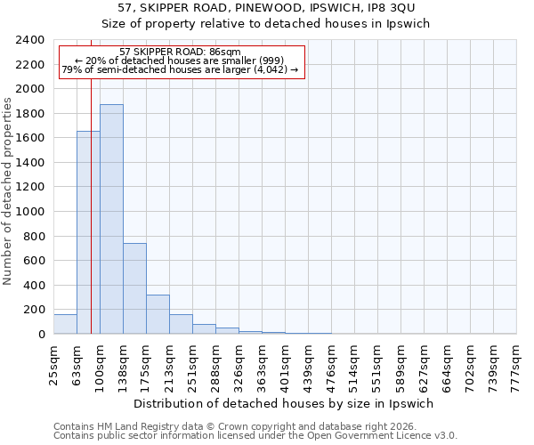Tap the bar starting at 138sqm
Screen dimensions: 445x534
click(134, 288)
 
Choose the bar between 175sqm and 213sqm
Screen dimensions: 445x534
click(158, 314)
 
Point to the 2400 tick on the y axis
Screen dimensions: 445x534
click(30, 41)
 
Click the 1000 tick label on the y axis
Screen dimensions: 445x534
click(30, 212)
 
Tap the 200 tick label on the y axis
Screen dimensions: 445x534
click(34, 310)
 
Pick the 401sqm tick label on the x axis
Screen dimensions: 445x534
click(286, 362)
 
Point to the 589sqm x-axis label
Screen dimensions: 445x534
click(401, 362)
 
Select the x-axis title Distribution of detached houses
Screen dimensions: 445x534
click(285, 403)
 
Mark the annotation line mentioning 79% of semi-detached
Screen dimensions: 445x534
click(180, 69)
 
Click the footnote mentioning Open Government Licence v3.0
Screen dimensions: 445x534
click(255, 436)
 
